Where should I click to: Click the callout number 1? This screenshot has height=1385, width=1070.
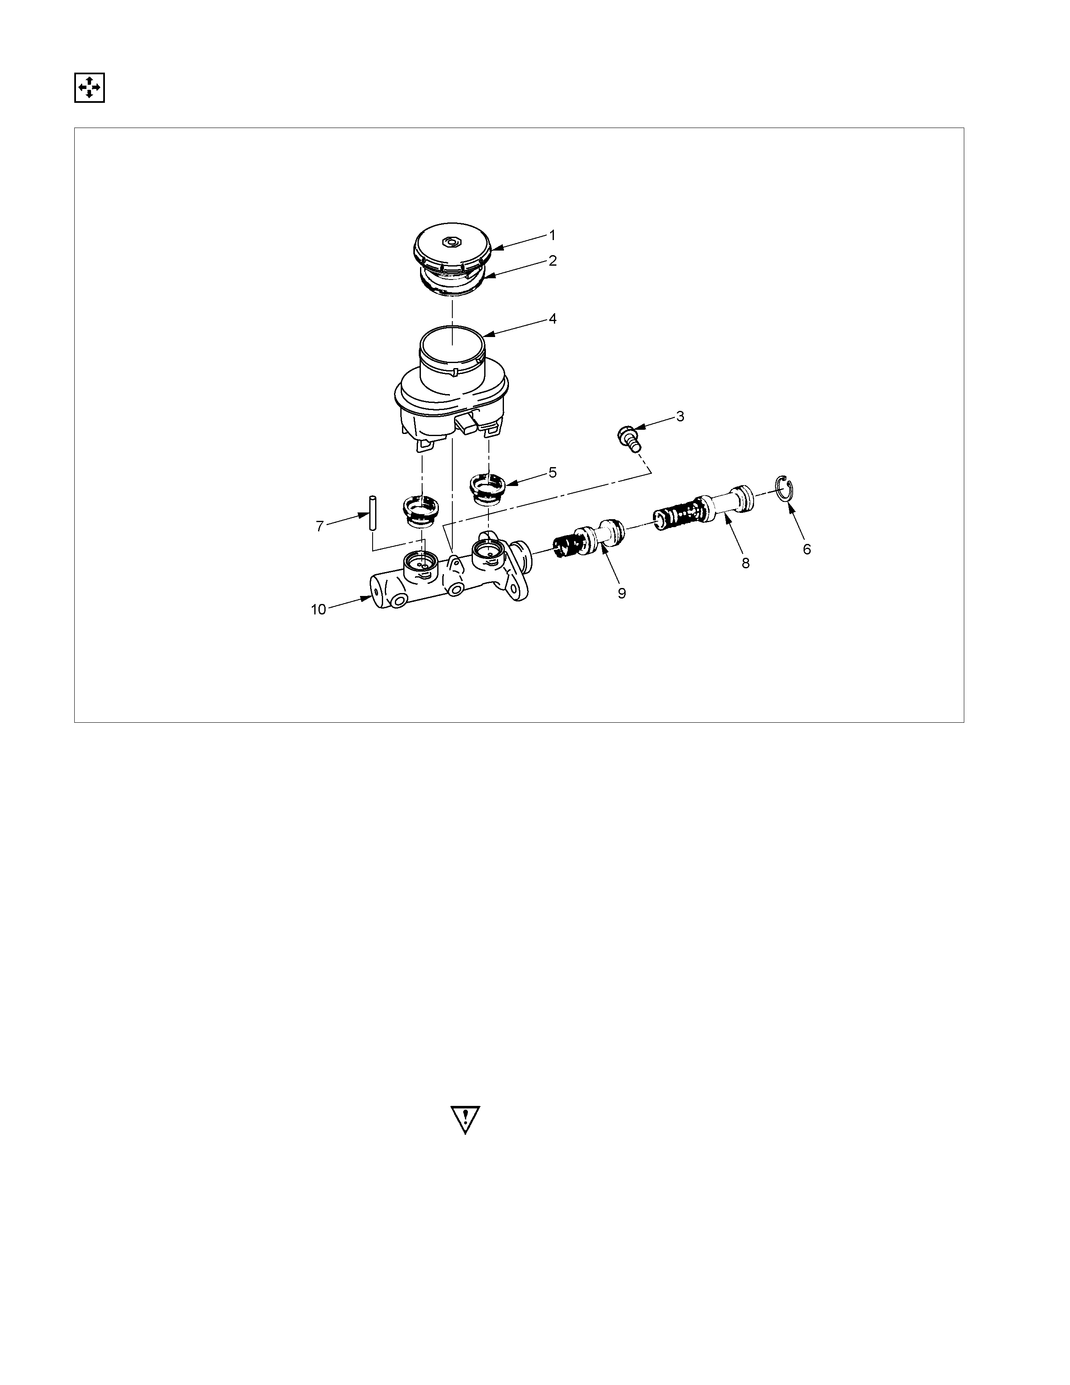point(552,235)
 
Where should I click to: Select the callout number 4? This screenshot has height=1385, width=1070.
point(553,319)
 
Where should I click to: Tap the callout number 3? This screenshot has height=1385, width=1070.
point(680,417)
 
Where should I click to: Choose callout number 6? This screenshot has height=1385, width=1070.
point(807,549)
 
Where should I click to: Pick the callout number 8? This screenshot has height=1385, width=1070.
point(746,562)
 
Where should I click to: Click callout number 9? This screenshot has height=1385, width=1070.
point(622,593)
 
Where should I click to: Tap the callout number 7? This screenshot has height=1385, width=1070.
point(320,526)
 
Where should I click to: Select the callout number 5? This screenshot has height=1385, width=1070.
point(553,473)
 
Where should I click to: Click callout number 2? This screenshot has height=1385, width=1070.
point(553,261)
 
